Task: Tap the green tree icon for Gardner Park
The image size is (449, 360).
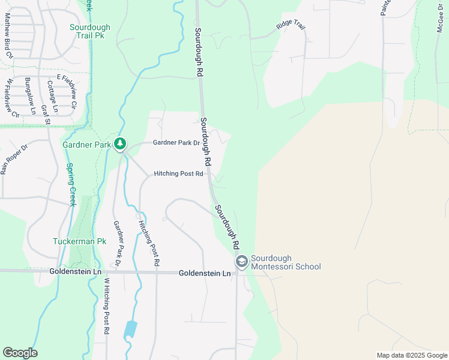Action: pyautogui.click(x=121, y=143)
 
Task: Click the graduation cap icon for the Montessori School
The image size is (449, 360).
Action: pyautogui.click(x=241, y=262)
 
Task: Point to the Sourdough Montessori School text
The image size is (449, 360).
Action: pyautogui.click(x=286, y=262)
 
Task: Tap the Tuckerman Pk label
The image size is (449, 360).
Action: pyautogui.click(x=79, y=241)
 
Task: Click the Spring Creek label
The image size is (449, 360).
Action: pyautogui.click(x=71, y=184)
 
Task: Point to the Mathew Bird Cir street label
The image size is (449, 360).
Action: pyautogui.click(x=8, y=36)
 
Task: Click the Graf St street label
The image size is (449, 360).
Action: pyautogui.click(x=45, y=115)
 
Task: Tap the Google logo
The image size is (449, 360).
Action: pyautogui.click(x=20, y=353)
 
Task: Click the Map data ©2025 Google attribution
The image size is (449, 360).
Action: pyautogui.click(x=411, y=355)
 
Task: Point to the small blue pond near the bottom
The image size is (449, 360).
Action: pyautogui.click(x=130, y=329)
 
